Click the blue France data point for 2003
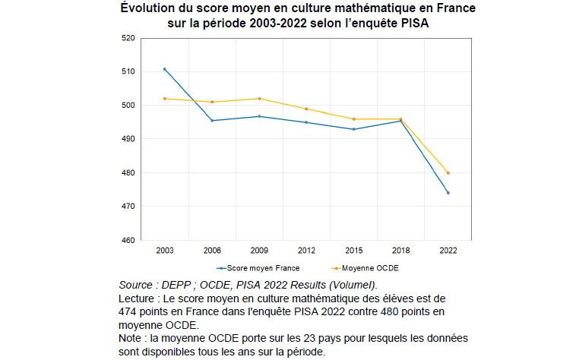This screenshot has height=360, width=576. click(164, 69)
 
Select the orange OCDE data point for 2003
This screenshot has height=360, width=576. click(164, 99)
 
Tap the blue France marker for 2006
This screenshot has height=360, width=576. click(211, 121)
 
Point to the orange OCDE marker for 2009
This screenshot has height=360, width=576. click(259, 99)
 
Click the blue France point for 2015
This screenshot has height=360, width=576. click(353, 129)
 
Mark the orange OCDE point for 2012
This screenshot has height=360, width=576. click(306, 109)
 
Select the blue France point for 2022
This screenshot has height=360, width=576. click(448, 193)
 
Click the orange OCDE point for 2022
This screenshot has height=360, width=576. click(448, 173)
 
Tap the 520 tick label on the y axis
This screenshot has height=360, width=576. click(127, 38)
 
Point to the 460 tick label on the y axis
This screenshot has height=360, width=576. click(127, 241)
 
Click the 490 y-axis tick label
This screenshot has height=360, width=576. click(127, 139)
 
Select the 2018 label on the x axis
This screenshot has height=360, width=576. click(400, 251)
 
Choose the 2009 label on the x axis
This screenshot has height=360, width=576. click(259, 251)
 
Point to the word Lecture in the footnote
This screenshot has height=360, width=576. click(138, 298)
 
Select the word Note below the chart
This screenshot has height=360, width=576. click(131, 338)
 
